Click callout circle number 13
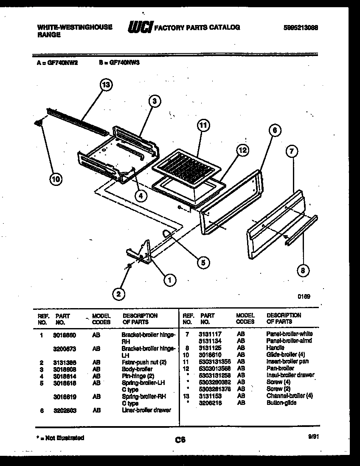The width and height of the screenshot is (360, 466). pos(106,85)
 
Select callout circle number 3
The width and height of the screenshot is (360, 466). pos(155,101)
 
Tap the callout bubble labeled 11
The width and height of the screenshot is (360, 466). pos(204,125)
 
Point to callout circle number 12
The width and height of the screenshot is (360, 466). pos(242,150)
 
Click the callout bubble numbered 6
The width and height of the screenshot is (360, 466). pos(274,131)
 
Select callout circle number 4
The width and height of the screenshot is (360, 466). pos(141,195)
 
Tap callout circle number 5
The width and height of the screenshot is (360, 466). pos(203,263)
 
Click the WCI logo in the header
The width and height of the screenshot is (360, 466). pos(140,28)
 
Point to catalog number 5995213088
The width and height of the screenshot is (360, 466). pos(301,28)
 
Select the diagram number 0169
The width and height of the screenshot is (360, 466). pos(304,297)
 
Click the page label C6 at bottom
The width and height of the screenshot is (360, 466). pos(180,440)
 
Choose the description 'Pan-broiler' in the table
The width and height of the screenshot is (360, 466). pos(280,368)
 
